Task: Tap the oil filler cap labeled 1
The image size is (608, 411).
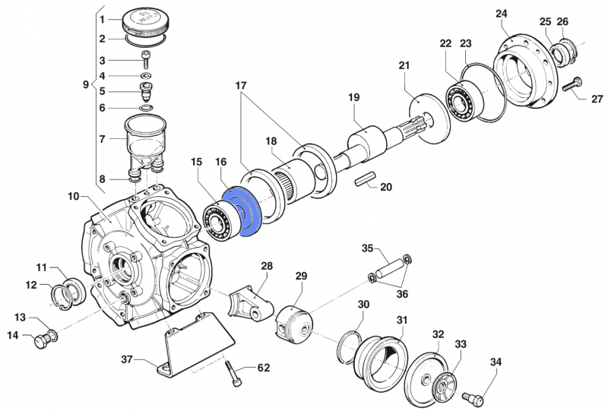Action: pyautogui.click(x=146, y=22)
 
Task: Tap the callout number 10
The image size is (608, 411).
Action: pyautogui.click(x=73, y=197)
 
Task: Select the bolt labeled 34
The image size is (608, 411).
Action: pyautogui.click(x=474, y=396)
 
